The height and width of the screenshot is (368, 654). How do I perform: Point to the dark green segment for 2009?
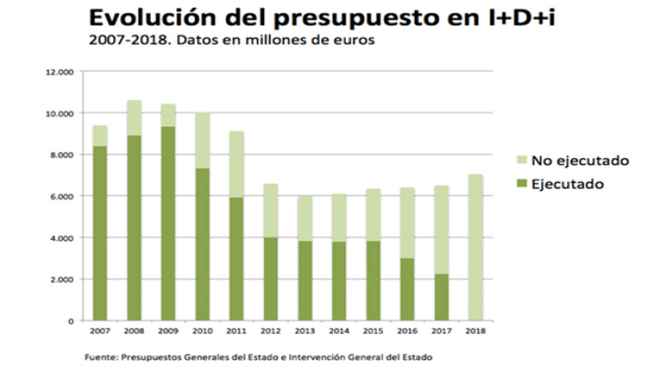pos(168,223)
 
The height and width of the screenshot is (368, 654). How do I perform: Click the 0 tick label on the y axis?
pos(72,321)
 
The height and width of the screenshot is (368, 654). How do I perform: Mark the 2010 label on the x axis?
pos(201,330)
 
